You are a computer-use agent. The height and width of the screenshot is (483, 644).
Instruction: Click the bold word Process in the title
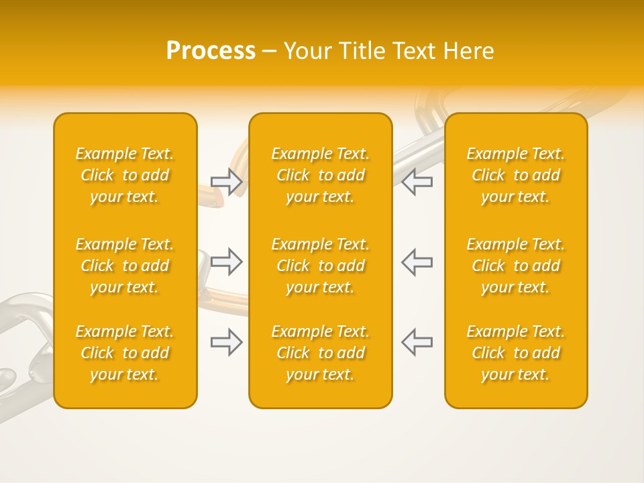coord(211,51)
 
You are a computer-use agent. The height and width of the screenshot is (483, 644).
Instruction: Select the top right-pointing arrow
coord(227,182)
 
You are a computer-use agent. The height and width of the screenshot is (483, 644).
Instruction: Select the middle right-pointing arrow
coord(227,262)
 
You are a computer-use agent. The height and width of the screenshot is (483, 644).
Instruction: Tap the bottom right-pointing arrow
coord(227,342)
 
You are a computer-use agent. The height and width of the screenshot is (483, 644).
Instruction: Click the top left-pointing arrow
coord(417,182)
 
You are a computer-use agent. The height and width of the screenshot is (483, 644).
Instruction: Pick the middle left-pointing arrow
coord(417,262)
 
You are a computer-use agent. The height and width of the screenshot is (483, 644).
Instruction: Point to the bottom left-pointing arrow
coord(417,342)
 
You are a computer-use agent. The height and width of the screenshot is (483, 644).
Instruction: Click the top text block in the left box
coord(125,175)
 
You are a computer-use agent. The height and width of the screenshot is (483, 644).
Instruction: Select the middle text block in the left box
coord(125,266)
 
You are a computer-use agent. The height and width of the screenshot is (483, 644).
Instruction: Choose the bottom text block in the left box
coord(125,353)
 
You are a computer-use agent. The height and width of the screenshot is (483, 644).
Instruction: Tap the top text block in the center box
coord(320,175)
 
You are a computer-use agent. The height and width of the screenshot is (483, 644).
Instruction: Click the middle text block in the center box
coord(320,266)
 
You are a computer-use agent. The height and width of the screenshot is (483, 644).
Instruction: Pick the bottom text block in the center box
coord(320,353)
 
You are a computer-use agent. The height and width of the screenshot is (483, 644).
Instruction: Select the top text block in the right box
coord(516,175)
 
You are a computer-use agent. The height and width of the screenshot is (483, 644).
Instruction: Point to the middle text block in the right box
coord(516,266)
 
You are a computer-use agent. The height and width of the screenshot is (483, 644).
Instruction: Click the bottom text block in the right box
coord(516,353)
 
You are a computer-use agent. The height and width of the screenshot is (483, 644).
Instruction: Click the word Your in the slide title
coord(306,51)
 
